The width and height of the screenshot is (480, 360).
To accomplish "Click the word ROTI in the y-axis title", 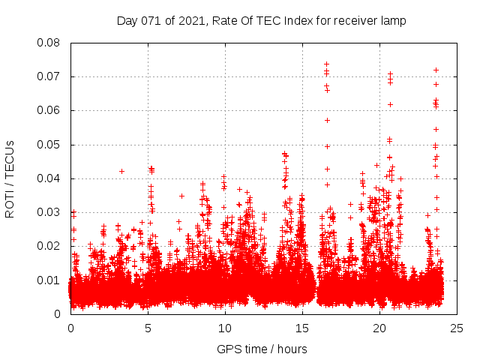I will click(x=10, y=203).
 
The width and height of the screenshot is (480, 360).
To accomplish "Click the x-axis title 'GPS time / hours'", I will click(x=262, y=349).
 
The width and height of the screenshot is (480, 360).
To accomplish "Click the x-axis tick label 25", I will click(x=457, y=328).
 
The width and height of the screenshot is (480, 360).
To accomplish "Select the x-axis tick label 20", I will click(x=379, y=328).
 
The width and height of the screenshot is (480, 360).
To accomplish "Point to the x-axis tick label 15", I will click(x=302, y=328).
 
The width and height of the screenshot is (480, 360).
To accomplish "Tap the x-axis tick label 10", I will click(x=225, y=328).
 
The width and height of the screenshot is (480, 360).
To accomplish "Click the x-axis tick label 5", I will click(x=148, y=328).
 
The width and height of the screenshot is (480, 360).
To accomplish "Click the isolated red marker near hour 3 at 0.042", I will click(x=121, y=171).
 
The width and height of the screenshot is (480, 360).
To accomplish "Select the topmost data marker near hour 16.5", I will click(x=326, y=64).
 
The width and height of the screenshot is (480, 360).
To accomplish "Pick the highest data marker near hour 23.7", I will click(x=436, y=70).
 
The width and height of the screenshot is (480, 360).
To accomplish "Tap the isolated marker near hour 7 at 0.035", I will click(x=181, y=196).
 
